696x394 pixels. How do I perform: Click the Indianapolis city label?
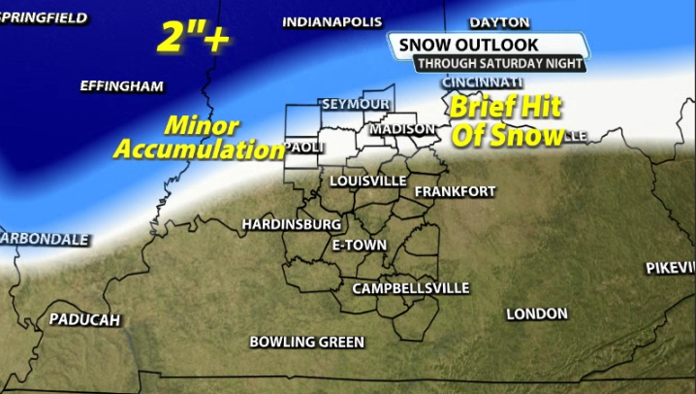tap(332, 22)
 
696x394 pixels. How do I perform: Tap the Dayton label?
tap(499, 22)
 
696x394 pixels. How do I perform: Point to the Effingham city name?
tap(121, 86)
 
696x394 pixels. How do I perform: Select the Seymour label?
tap(355, 104)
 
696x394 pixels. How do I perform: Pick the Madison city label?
tap(402, 128)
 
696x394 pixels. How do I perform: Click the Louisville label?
tap(367, 181)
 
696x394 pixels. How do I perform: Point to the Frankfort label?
tap(455, 191)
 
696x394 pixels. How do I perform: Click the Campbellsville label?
tap(410, 288)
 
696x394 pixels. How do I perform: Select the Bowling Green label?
tap(306, 342)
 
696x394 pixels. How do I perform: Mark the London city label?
tap(536, 313)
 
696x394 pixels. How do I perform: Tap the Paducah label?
tap(84, 319)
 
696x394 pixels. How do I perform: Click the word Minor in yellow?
tap(202, 126)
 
